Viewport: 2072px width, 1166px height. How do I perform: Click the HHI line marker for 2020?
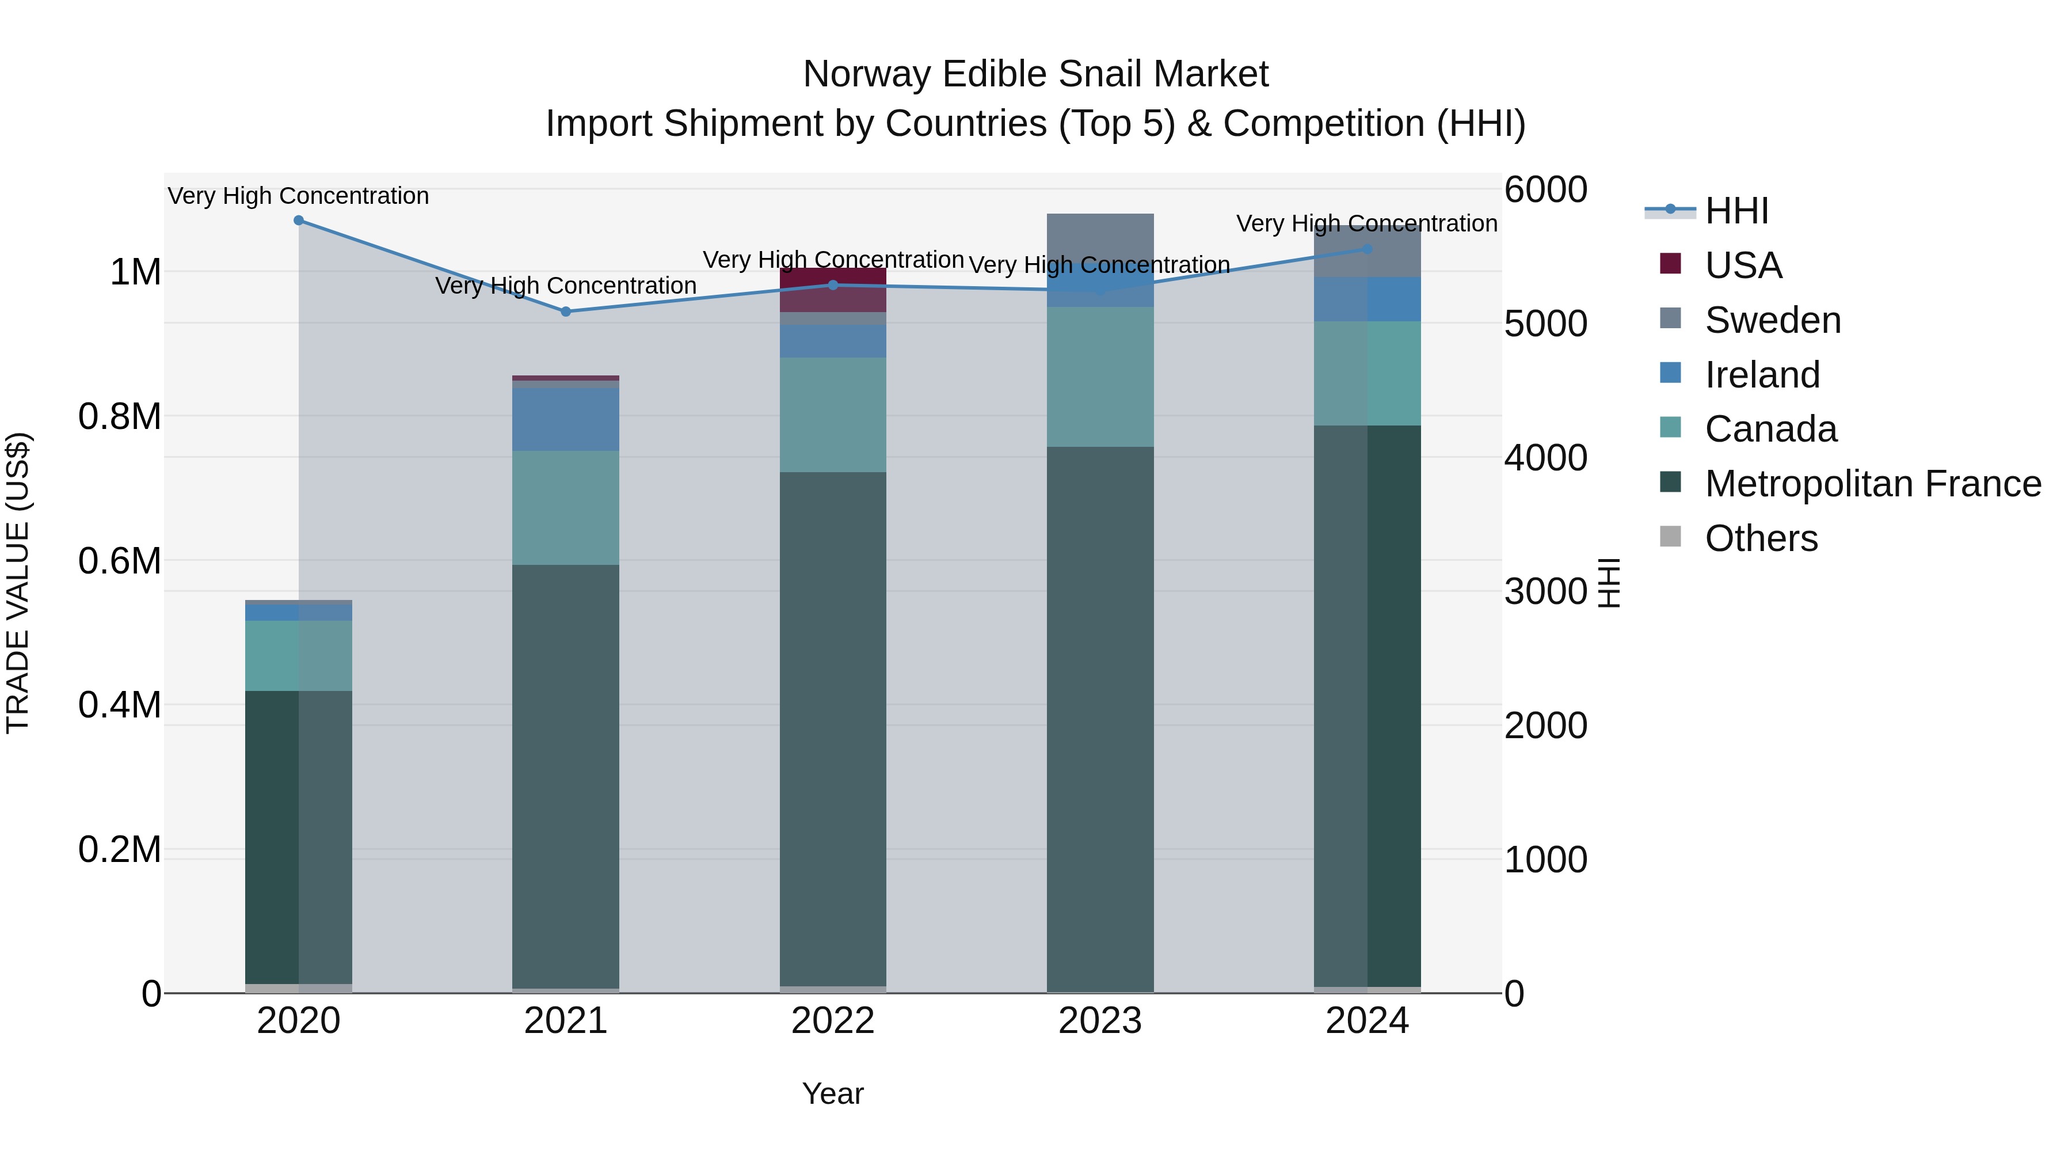pyautogui.click(x=298, y=221)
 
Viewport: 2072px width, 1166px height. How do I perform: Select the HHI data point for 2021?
pyautogui.click(x=565, y=312)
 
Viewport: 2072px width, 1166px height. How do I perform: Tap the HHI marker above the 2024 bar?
pyautogui.click(x=1368, y=249)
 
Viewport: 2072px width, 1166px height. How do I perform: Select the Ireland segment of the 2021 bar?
pyautogui.click(x=565, y=419)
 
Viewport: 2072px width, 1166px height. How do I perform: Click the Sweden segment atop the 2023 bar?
pyautogui.click(x=1099, y=237)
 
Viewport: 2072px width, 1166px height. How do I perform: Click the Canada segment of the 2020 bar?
pyautogui.click(x=298, y=655)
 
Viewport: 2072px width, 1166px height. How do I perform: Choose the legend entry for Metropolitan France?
pyautogui.click(x=1872, y=484)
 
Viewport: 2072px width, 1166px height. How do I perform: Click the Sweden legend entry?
pyautogui.click(x=1773, y=320)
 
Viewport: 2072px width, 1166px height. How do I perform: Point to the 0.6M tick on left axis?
pyautogui.click(x=120, y=561)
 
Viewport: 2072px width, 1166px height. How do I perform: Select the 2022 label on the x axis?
pyautogui.click(x=832, y=1021)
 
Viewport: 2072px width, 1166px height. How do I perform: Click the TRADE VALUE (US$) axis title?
pyautogui.click(x=18, y=583)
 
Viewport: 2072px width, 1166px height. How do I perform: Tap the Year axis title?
pyautogui.click(x=832, y=1093)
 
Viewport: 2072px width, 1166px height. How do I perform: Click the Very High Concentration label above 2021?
pyautogui.click(x=565, y=286)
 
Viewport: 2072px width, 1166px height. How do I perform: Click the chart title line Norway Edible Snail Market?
pyautogui.click(x=1035, y=74)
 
